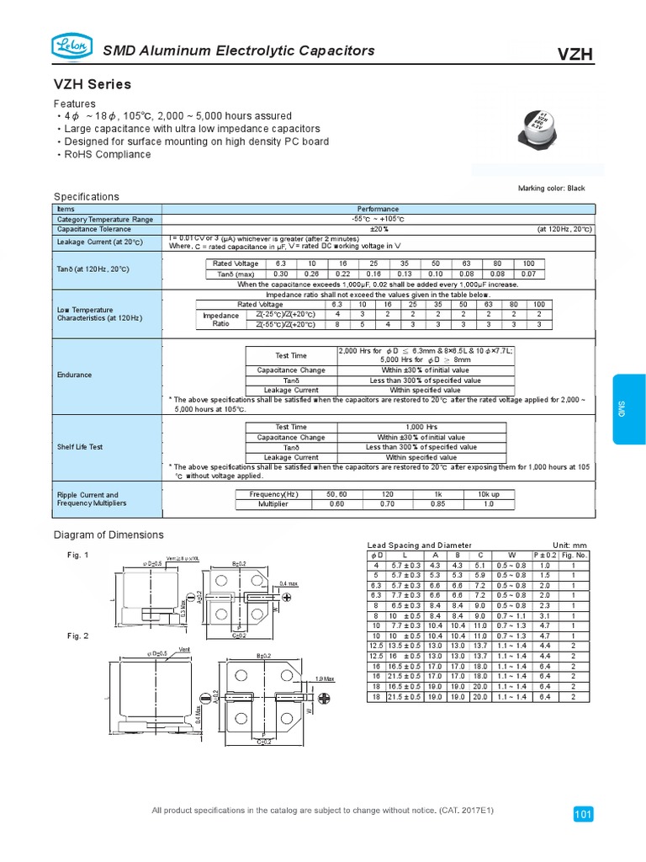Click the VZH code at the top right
(x=575, y=55)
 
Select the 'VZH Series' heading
(x=93, y=85)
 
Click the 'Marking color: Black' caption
(x=552, y=189)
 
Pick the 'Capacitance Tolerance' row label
(x=94, y=229)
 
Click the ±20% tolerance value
(x=379, y=229)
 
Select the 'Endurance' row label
(x=73, y=375)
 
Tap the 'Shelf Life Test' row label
(x=79, y=447)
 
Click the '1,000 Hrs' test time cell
(x=421, y=427)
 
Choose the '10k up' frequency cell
(x=488, y=494)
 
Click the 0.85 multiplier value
(x=437, y=504)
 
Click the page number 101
(x=583, y=814)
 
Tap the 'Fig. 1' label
(x=78, y=555)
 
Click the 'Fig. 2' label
(x=78, y=636)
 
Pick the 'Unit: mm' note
(x=569, y=545)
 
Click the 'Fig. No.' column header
(x=575, y=556)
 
